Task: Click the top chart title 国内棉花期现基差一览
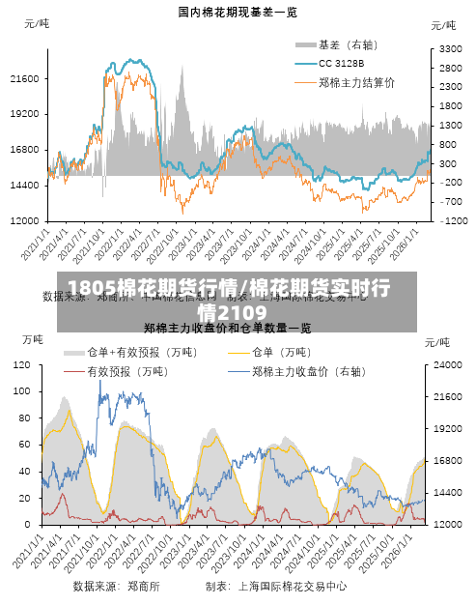click(x=238, y=12)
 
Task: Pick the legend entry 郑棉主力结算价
click(x=356, y=82)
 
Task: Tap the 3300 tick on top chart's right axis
click(x=451, y=47)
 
